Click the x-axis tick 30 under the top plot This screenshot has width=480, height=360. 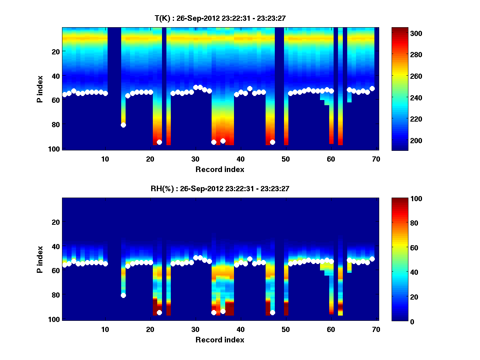[195, 158]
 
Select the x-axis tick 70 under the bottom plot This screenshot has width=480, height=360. [376, 329]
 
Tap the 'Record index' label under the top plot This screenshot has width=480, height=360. [220, 169]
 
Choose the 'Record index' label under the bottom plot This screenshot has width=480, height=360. [220, 340]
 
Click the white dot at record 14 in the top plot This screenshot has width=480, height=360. [123, 125]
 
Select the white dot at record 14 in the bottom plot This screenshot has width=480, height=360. [123, 296]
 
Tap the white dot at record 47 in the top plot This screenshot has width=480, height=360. [272, 142]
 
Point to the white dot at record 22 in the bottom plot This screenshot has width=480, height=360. [159, 313]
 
